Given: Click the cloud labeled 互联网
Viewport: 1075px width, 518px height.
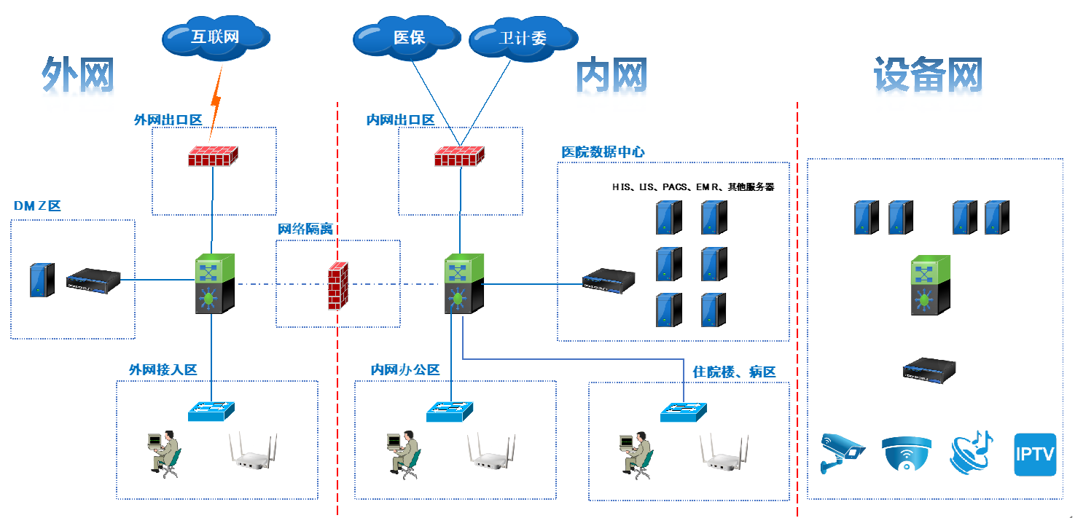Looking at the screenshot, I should [x=215, y=36].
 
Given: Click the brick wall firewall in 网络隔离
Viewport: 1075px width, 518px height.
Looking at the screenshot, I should [x=337, y=286].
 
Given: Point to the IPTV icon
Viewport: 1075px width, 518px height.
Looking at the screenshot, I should [x=1035, y=455].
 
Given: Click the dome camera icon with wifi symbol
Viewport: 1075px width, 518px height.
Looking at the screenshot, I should [x=906, y=454].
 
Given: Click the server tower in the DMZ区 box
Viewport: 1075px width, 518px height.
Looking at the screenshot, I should [x=42, y=280].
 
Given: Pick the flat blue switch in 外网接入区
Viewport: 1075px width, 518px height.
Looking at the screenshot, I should [x=211, y=412].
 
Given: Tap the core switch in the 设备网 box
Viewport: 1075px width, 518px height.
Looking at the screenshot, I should [x=930, y=285].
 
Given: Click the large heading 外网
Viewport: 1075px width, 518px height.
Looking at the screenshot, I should [x=78, y=75].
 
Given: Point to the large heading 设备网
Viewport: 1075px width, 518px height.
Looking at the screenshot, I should [x=928, y=75].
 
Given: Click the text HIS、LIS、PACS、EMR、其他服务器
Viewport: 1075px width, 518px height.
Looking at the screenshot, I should [x=692, y=187].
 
